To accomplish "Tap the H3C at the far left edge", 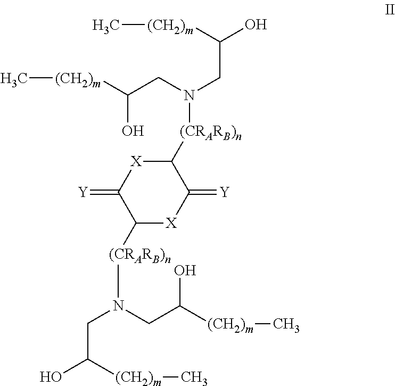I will click(x=14, y=79).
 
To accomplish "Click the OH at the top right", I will click(x=253, y=25).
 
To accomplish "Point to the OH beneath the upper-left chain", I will click(x=133, y=130).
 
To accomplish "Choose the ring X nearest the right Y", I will click(x=171, y=224).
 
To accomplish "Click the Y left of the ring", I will click(x=83, y=193).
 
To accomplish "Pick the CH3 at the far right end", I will click(x=285, y=325).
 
